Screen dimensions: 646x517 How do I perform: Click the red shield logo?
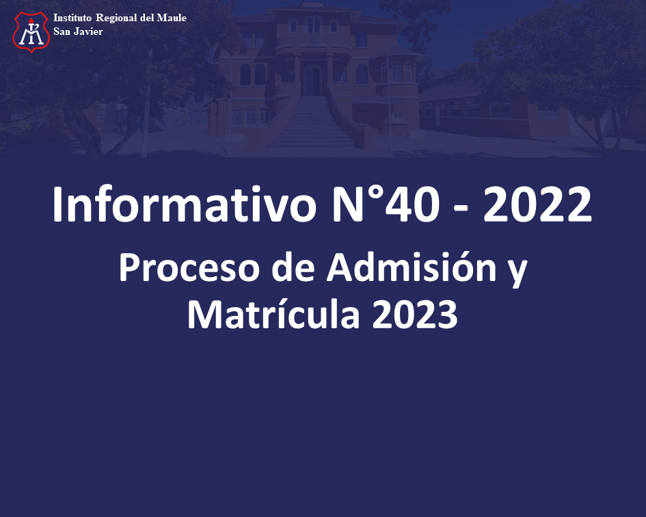pos(31,31)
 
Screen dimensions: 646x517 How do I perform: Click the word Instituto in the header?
pos(72,18)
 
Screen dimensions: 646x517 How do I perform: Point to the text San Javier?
pos(78,31)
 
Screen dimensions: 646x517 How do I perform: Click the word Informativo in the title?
pos(184,204)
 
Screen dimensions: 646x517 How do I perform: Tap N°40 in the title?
pos(386,204)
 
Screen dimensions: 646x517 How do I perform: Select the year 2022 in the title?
pos(537,204)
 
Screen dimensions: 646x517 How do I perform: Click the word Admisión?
pos(412,267)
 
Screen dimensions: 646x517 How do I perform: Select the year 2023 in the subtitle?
pos(415,315)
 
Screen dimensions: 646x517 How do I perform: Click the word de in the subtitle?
pos(293,267)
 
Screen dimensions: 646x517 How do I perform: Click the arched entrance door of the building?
pos(312,80)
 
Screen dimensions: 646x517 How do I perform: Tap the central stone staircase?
pos(312,121)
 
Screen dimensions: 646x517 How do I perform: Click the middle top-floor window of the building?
pos(314,25)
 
